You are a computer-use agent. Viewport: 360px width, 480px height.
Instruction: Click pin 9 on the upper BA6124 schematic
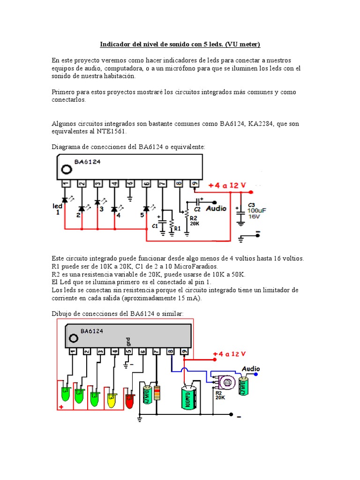click(195, 184)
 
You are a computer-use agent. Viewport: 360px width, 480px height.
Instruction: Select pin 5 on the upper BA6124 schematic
click(130, 184)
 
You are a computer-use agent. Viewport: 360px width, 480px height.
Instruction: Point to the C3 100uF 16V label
click(257, 210)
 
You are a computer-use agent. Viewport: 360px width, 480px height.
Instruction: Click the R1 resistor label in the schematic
click(177, 228)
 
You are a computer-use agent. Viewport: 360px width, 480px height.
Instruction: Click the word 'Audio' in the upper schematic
click(216, 208)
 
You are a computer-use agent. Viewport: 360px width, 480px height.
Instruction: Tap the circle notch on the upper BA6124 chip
click(67, 169)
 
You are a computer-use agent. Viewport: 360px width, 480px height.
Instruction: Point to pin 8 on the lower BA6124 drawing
click(171, 351)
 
